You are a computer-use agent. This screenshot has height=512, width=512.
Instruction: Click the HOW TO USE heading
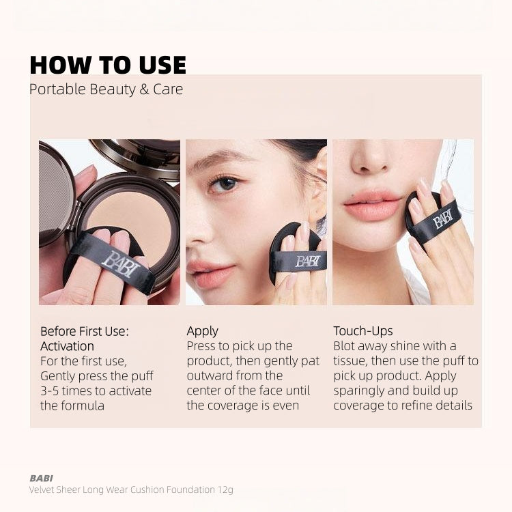[108, 65]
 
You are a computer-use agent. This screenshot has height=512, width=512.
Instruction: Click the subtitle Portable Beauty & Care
[106, 89]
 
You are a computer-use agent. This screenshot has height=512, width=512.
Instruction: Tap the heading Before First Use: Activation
[85, 339]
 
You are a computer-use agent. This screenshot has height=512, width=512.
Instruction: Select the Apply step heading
[202, 331]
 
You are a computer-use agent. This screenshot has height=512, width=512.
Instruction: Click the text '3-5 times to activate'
[96, 391]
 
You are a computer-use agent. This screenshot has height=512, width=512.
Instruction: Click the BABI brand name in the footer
[42, 478]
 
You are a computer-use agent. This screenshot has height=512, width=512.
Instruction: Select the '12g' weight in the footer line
[225, 489]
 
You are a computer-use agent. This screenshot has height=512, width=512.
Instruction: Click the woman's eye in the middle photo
[225, 184]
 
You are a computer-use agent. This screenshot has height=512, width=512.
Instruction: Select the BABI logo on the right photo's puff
[442, 219]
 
